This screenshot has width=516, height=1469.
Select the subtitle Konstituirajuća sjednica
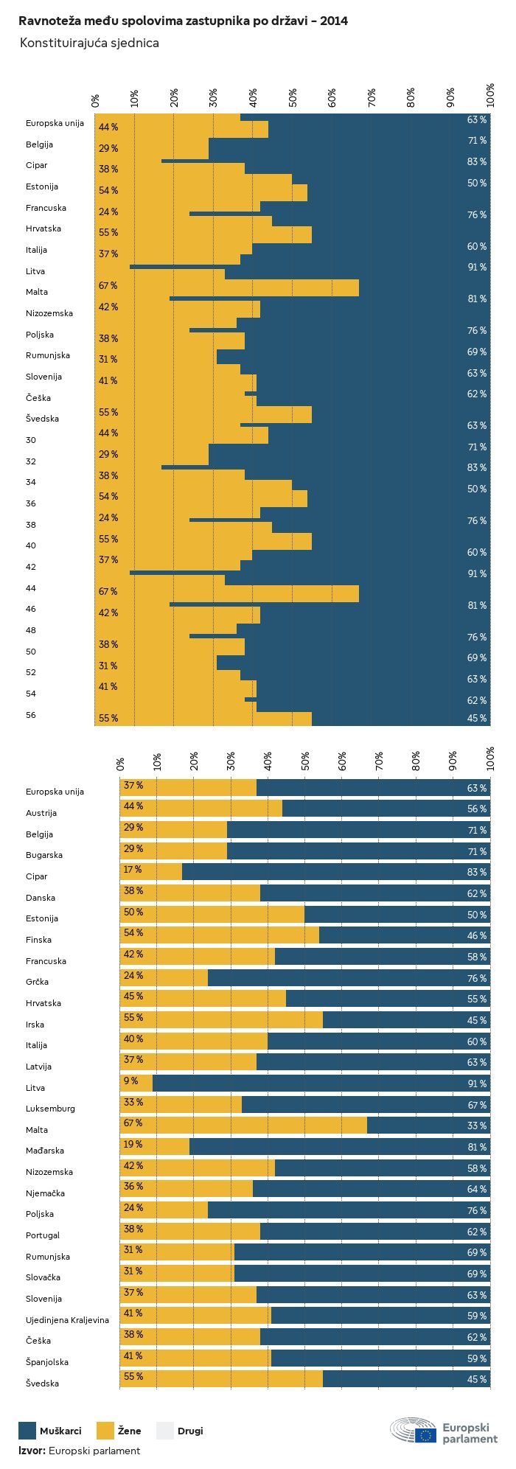[89, 43]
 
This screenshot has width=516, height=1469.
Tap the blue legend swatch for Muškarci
[27, 1431]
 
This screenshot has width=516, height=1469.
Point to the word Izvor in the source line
[32, 1451]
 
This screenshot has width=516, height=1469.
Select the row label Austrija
[41, 813]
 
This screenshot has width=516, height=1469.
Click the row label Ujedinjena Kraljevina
[67, 1320]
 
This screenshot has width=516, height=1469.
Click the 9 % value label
[130, 1081]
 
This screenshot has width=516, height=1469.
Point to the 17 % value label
[133, 870]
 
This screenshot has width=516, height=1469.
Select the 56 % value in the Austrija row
[476, 809]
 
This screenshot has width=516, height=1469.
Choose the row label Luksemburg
[50, 1109]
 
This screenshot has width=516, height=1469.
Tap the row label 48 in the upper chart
[31, 631]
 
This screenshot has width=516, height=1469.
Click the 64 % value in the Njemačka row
[476, 1190]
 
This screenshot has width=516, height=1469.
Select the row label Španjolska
[47, 1362]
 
